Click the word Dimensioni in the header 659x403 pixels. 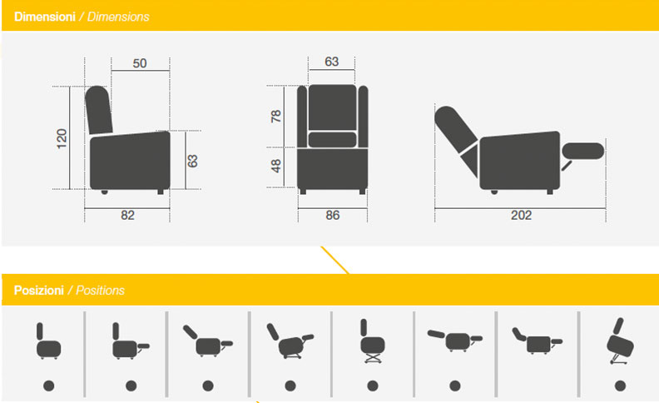(45, 17)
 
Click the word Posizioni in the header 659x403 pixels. (38, 291)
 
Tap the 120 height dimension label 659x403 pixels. (62, 139)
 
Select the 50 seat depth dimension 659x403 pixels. (140, 63)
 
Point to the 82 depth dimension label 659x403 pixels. (127, 216)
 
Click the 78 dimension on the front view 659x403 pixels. (275, 116)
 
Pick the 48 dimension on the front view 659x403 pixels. (275, 166)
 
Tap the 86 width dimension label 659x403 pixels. (333, 216)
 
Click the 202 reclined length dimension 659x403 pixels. (521, 216)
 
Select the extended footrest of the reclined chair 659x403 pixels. (583, 151)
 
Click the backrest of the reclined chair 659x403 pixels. (455, 128)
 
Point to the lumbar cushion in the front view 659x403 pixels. (332, 139)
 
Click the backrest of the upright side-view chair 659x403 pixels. (99, 110)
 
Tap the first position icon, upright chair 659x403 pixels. (48, 341)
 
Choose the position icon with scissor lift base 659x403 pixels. (373, 341)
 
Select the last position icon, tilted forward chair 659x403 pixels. (621, 341)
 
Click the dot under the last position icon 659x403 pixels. (621, 386)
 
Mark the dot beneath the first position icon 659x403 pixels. (49, 386)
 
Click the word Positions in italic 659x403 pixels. (100, 291)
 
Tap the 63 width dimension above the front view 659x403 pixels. (332, 62)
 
